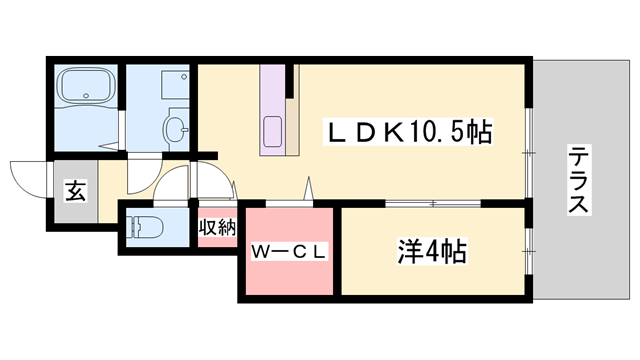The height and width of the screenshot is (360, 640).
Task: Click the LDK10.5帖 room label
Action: tap(408, 131)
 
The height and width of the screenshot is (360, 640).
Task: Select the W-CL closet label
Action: tap(289, 251)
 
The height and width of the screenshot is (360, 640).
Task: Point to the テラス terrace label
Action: tap(578, 180)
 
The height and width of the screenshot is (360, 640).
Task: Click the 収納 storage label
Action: tap(218, 228)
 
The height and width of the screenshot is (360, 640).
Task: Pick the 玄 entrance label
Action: tap(76, 191)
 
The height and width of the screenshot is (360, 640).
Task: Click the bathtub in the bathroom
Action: tap(86, 85)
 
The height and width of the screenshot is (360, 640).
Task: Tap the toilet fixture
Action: tap(146, 226)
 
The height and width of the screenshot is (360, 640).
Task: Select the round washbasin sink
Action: tap(176, 129)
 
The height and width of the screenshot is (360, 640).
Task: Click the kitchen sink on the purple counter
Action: tap(273, 131)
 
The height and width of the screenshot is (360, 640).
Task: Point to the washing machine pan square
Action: tap(175, 84)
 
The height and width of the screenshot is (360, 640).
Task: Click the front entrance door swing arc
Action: tap(29, 180)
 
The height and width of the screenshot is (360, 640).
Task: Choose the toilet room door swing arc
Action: tap(171, 183)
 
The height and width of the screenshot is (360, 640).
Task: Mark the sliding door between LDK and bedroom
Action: tap(433, 203)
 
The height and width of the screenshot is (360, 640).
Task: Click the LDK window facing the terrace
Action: tap(528, 153)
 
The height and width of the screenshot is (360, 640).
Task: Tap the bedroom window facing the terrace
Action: tap(529, 251)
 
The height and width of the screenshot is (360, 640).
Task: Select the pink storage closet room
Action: tap(218, 227)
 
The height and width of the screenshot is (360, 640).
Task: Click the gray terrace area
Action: tap(581, 180)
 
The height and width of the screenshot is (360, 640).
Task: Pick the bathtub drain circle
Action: tap(86, 96)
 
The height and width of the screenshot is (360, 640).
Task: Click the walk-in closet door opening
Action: tap(289, 203)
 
